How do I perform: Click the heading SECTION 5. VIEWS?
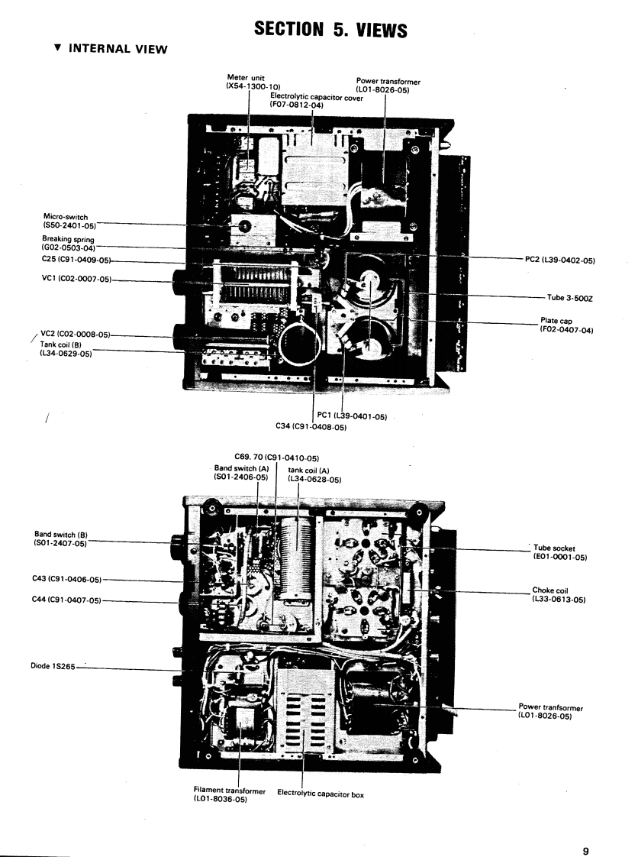320,30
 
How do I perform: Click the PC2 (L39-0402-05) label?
560,260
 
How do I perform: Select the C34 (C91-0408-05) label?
311,427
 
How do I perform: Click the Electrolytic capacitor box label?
321,794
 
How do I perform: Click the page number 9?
585,828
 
